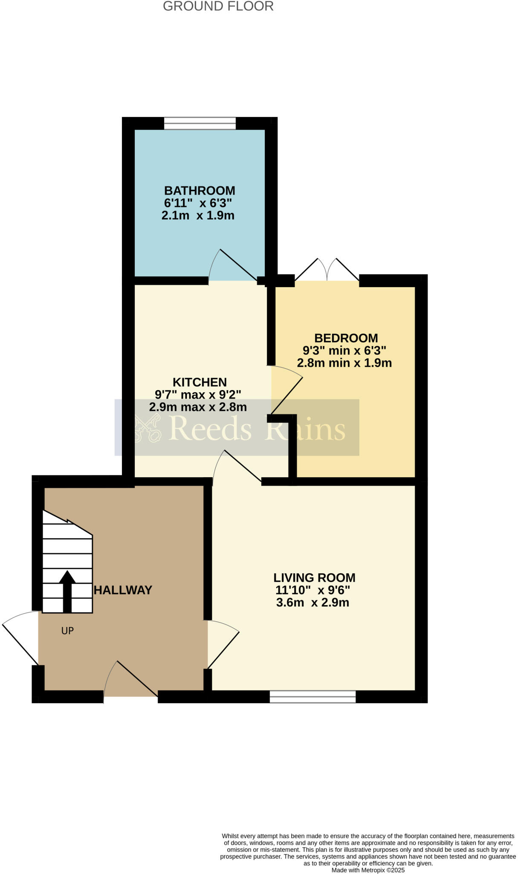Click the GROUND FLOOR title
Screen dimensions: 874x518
218,6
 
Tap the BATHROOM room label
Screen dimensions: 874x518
200,190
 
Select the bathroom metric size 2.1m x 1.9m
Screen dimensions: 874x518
198,216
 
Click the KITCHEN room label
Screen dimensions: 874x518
200,382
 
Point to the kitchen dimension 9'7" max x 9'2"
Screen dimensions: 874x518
198,394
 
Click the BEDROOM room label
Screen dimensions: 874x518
346,338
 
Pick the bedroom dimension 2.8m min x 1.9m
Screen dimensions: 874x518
344,363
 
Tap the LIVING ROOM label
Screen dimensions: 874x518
314,577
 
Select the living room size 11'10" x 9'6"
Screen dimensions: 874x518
313,590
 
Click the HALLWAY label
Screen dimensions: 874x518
123,590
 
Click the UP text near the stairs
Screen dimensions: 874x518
67,631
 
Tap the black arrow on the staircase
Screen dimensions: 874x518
67,591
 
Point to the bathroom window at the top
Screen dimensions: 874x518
200,123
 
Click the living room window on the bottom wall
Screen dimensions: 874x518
313,696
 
